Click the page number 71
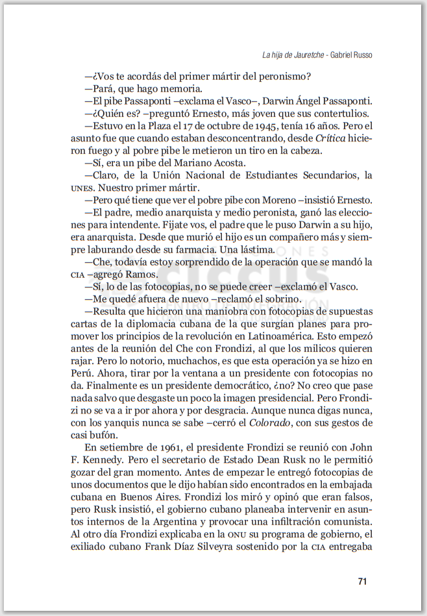tap(363, 581)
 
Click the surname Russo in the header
tap(361, 55)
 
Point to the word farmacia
tap(192, 249)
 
